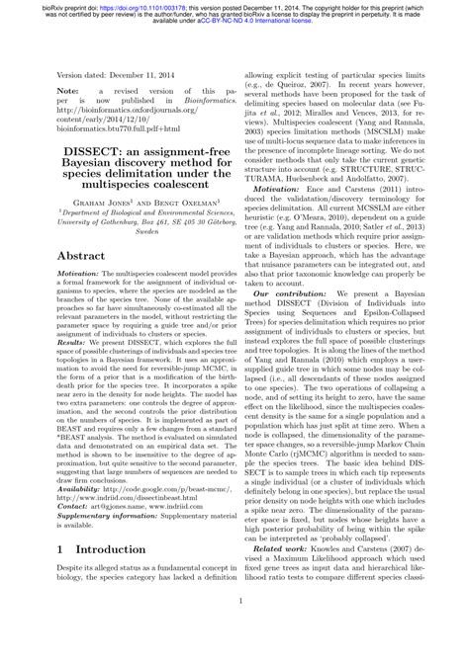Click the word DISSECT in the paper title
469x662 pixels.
84,152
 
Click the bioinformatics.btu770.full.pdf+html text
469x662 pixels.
118,128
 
